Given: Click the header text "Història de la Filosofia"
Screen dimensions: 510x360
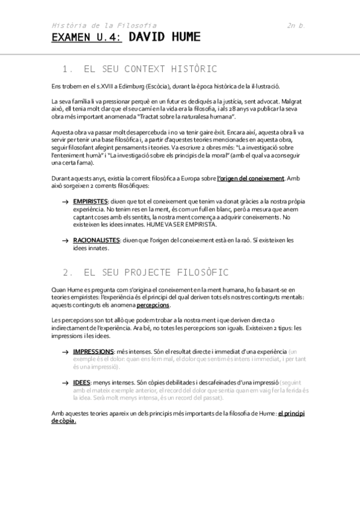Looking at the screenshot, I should click(104, 25).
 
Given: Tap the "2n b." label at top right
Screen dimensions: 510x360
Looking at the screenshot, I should click(297, 25).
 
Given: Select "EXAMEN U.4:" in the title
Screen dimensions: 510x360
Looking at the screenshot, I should click(86, 38).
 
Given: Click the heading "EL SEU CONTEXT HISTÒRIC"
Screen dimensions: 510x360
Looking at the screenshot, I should click(150, 69).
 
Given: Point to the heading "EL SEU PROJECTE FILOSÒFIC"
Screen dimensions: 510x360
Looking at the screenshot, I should click(156, 272).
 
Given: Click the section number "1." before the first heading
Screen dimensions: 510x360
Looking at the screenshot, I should click(67, 69).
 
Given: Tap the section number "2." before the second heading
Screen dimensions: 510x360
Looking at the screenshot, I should click(67, 272).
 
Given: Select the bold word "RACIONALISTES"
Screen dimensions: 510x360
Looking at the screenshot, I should click(96, 240).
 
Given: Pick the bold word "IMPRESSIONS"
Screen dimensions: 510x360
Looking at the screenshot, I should click(93, 351).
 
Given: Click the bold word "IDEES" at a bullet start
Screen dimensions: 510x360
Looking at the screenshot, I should click(81, 382).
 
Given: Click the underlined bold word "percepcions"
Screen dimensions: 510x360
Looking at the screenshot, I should click(153, 306).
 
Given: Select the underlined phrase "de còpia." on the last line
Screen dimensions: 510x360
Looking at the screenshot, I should click(64, 421).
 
